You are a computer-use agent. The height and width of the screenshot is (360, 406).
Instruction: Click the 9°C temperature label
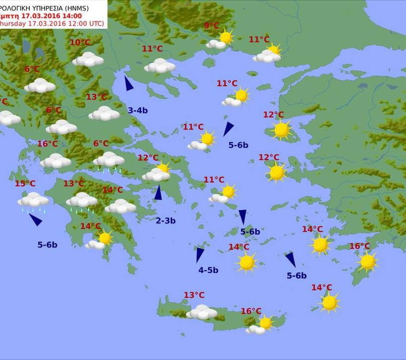[x=211, y=26]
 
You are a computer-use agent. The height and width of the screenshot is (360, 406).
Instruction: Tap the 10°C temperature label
[x=80, y=43]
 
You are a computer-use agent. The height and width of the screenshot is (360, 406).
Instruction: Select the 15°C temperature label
[x=25, y=184]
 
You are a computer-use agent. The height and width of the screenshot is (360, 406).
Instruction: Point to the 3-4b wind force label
[x=138, y=110]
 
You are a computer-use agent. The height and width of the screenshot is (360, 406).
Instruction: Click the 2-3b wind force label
[x=165, y=221]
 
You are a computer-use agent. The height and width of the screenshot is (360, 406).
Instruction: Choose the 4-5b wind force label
[x=208, y=270]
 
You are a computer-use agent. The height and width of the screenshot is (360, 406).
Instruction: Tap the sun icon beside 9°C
[x=226, y=37]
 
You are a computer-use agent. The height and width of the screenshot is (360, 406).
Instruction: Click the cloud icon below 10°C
[x=88, y=59]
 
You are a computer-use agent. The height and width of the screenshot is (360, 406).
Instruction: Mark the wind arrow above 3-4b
[x=129, y=84]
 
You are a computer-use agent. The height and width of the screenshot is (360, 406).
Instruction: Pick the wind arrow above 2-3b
[x=158, y=193]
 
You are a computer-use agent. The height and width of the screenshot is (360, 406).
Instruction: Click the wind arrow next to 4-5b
[x=200, y=254]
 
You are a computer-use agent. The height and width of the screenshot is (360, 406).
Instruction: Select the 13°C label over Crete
[x=194, y=295]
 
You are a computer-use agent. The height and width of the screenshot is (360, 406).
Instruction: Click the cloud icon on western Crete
[x=202, y=312]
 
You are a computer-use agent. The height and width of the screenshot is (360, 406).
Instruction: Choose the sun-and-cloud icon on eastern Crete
[x=261, y=324]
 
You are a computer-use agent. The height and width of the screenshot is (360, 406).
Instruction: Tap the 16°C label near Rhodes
[x=359, y=246]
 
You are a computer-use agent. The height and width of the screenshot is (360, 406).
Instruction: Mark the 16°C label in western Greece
[x=48, y=144]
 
